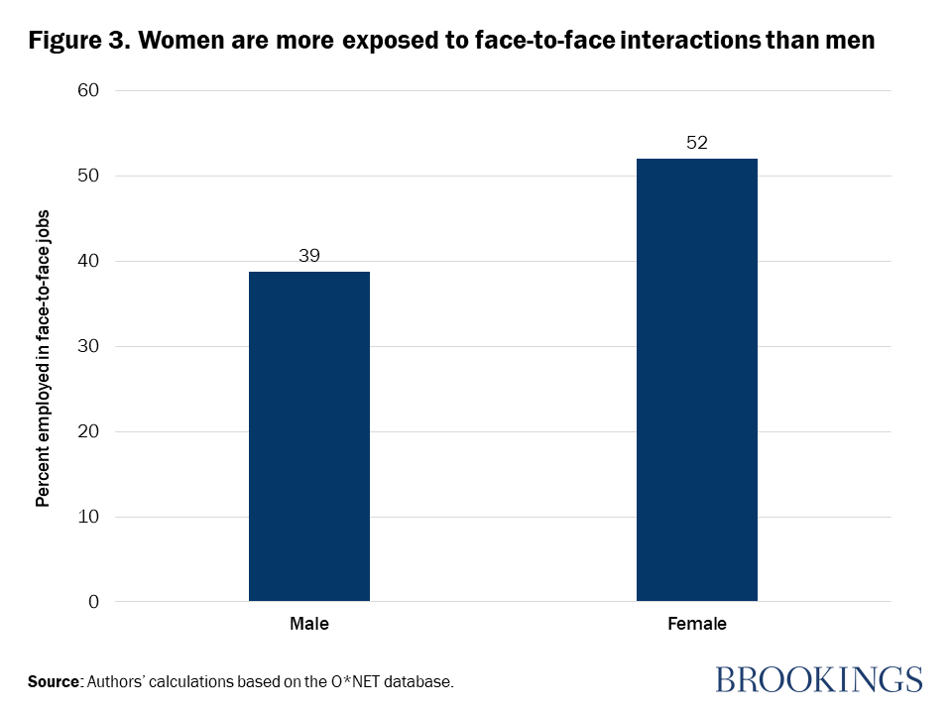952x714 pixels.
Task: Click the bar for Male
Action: click(x=309, y=436)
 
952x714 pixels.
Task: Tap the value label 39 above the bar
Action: click(x=309, y=256)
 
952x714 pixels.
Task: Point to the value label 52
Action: click(x=696, y=143)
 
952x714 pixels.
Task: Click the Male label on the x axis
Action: click(x=309, y=625)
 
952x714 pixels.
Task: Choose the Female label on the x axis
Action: click(x=696, y=625)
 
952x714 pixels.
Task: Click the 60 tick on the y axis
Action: click(x=88, y=91)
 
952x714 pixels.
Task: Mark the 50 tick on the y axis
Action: click(x=88, y=177)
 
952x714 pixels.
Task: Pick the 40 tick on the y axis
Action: click(x=88, y=262)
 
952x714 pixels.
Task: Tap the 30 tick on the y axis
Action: click(x=88, y=347)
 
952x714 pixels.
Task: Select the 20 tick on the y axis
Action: click(x=88, y=432)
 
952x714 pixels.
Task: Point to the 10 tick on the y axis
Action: click(x=88, y=518)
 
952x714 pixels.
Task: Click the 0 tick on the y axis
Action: click(x=93, y=602)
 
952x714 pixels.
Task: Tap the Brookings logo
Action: click(x=818, y=679)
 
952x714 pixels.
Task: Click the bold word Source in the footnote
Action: click(x=55, y=682)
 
